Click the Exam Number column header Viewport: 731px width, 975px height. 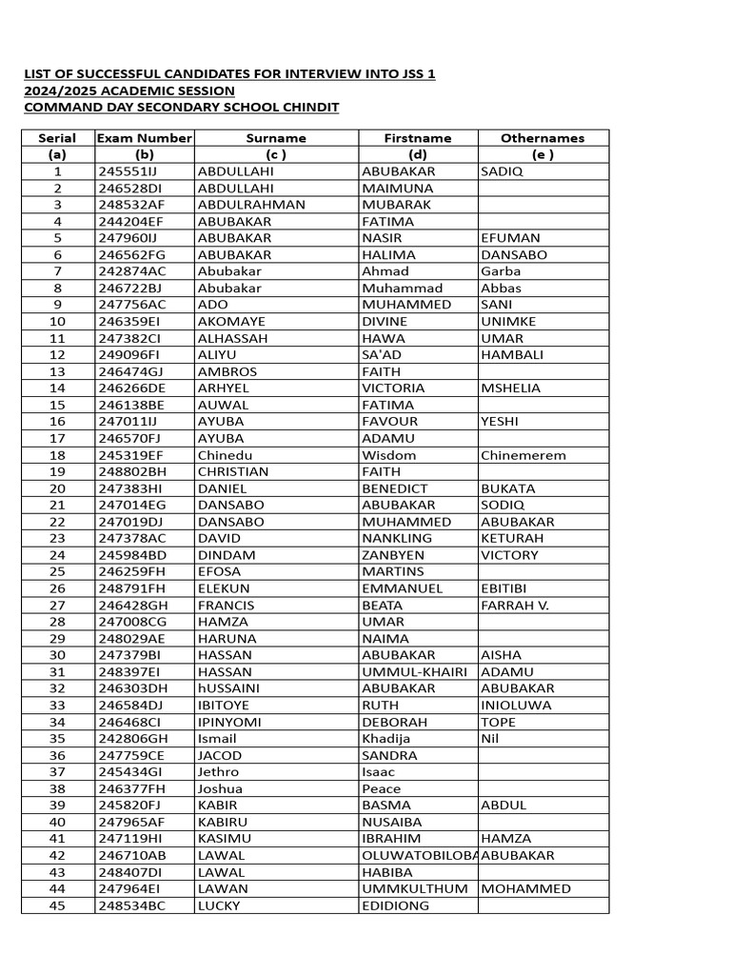coord(145,138)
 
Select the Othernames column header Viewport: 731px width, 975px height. coord(543,138)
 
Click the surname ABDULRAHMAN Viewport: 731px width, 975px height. coord(251,205)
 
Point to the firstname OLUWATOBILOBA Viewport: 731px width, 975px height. coord(418,855)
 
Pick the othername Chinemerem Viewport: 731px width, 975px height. coord(524,455)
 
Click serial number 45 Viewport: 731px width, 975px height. coord(57,905)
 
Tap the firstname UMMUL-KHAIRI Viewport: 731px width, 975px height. coord(414,671)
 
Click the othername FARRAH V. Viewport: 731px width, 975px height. coord(515,605)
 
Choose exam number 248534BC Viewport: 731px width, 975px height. coord(131,905)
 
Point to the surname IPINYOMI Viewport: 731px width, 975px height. coord(231,722)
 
